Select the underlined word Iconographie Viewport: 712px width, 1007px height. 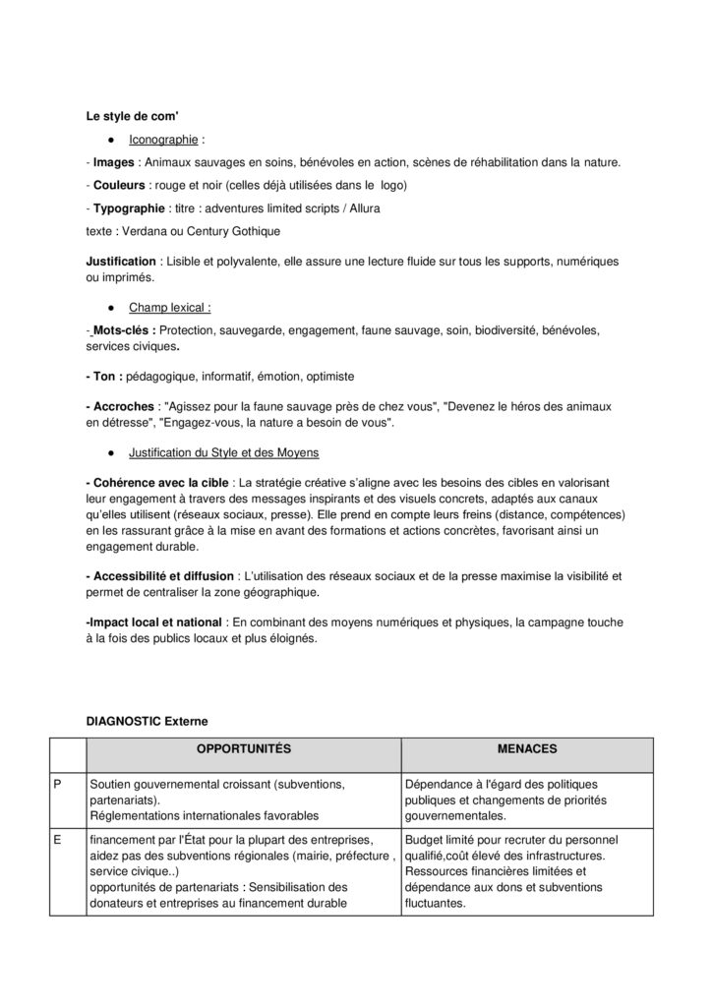click(x=162, y=140)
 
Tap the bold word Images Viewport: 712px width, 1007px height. click(x=113, y=162)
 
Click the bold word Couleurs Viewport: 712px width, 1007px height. click(x=120, y=185)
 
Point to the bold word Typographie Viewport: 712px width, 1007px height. click(x=128, y=208)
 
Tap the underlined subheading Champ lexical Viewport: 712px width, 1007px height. click(x=169, y=307)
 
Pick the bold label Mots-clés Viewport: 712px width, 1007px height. click(x=123, y=330)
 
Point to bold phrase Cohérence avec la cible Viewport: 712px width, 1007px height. click(x=158, y=482)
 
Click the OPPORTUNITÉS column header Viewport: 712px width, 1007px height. click(x=243, y=749)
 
